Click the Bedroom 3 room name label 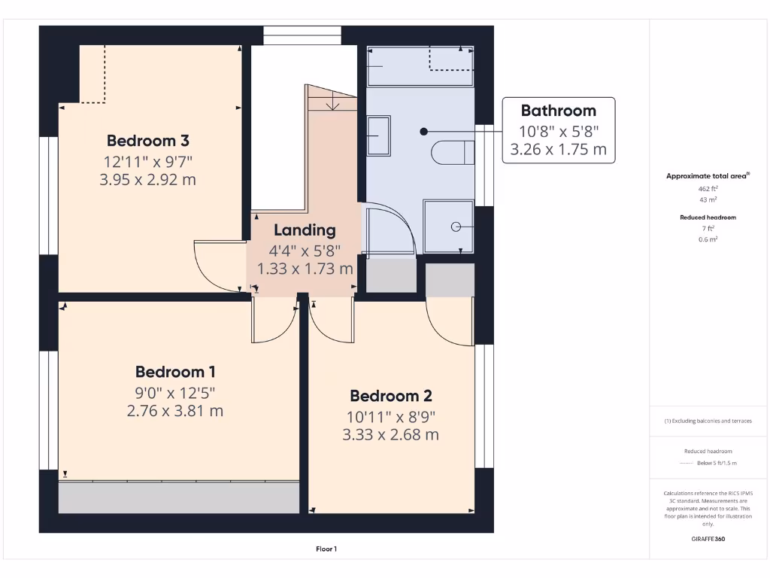coord(147,141)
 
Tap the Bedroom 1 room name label coord(175,372)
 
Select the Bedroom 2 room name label coord(390,396)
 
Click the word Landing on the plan coord(305,230)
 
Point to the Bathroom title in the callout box coord(558,111)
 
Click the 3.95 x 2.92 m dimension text coord(147,179)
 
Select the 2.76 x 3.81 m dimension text coord(175,411)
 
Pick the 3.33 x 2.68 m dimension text coord(390,435)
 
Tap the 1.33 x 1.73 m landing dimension coord(305,268)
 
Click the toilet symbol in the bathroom coord(453,153)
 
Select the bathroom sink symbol coord(378,135)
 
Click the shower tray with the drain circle coord(449,226)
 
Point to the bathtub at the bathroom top coord(420,66)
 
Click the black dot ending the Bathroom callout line coord(424,131)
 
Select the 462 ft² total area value coord(707,189)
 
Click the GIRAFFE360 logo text coord(707,539)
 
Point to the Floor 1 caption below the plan coord(326,549)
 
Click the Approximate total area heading coord(707,176)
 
